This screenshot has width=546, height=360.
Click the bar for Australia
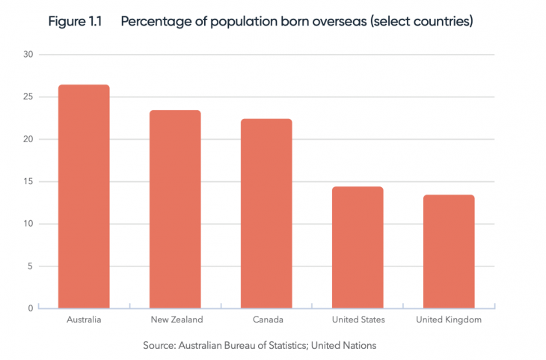pyautogui.click(x=84, y=196)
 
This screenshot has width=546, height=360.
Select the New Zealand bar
pyautogui.click(x=175, y=209)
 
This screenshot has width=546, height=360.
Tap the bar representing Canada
pyautogui.click(x=266, y=213)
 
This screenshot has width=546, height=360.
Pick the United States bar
pyautogui.click(x=358, y=247)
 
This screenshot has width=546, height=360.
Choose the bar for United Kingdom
pyautogui.click(x=449, y=251)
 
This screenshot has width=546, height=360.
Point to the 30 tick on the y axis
pyautogui.click(x=28, y=55)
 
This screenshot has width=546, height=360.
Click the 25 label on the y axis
pyautogui.click(x=28, y=97)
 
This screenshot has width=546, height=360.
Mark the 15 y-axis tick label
pyautogui.click(x=28, y=182)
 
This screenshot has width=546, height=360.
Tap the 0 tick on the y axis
pyautogui.click(x=31, y=308)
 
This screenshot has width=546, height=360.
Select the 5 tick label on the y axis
pyautogui.click(x=31, y=266)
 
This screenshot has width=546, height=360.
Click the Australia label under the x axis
pyautogui.click(x=84, y=320)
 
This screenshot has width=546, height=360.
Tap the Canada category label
pyautogui.click(x=267, y=320)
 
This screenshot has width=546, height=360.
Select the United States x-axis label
pyautogui.click(x=358, y=320)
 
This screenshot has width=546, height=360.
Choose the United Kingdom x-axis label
pyautogui.click(x=449, y=320)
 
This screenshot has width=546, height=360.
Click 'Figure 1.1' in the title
pyautogui.click(x=75, y=22)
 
